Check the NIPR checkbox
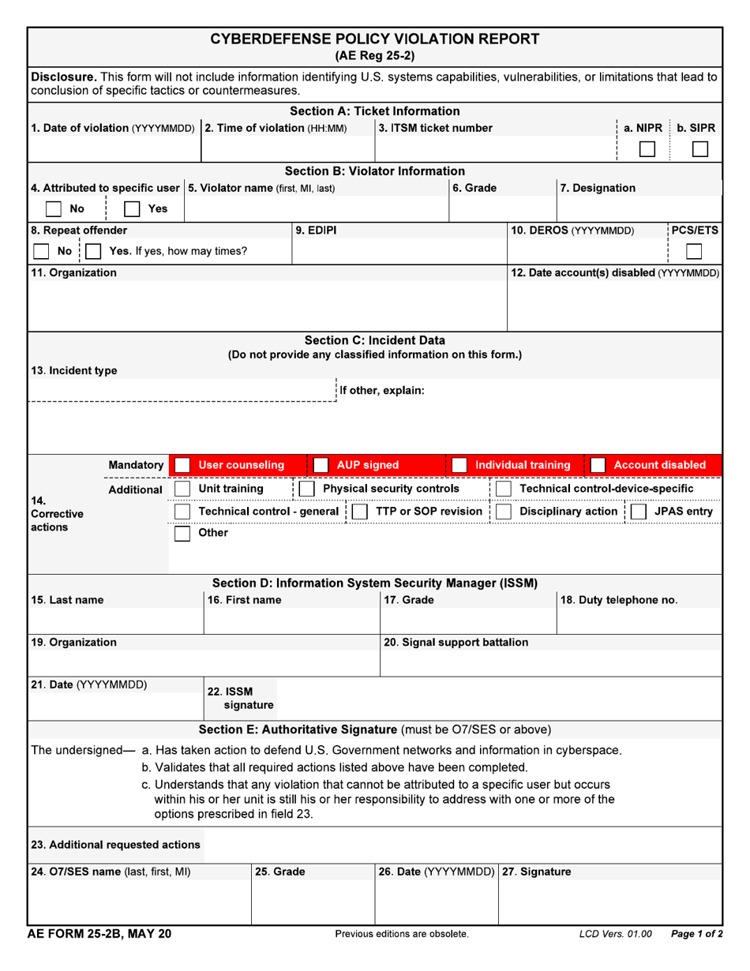click(647, 149)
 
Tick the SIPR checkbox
click(699, 149)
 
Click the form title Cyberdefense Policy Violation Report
click(375, 39)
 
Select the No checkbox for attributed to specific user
click(54, 209)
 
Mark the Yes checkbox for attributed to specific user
click(132, 209)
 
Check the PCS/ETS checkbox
click(694, 251)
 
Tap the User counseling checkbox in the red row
click(182, 465)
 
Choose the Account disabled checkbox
click(598, 465)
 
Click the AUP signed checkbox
click(321, 465)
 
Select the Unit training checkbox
click(182, 489)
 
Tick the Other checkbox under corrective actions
click(182, 534)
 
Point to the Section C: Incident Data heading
click(375, 340)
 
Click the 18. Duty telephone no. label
click(618, 600)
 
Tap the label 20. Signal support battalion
click(456, 643)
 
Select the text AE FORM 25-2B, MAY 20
click(100, 934)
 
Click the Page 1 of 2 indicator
click(696, 935)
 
